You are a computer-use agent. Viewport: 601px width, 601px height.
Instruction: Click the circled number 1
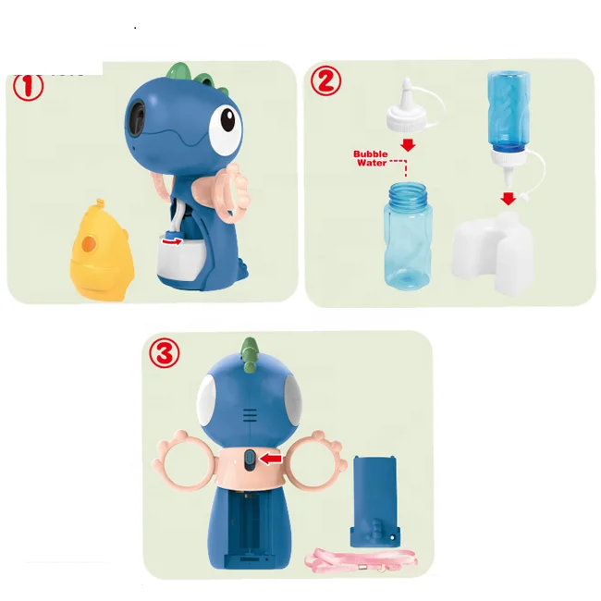click(29, 87)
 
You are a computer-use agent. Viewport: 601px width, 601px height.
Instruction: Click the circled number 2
click(325, 81)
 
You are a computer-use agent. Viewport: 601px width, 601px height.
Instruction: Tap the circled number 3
click(164, 352)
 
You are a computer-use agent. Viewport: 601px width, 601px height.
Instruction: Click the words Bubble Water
click(371, 158)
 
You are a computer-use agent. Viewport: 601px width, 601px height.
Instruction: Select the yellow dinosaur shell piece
click(101, 251)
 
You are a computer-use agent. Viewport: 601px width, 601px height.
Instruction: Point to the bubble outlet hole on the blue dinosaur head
click(139, 116)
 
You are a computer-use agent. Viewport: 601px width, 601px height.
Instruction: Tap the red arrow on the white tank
click(172, 240)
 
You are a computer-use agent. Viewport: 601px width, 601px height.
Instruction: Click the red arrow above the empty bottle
click(408, 145)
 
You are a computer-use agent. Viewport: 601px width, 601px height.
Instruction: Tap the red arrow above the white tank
click(509, 199)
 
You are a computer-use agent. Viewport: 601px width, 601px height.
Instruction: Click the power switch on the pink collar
click(250, 460)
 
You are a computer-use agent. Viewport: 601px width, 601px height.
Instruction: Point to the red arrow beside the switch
click(271, 458)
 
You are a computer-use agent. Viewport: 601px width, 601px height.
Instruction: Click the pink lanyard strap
click(361, 560)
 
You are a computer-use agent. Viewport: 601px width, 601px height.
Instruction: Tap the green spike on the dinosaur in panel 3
click(250, 355)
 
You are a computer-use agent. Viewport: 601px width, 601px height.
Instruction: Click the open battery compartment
click(250, 530)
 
